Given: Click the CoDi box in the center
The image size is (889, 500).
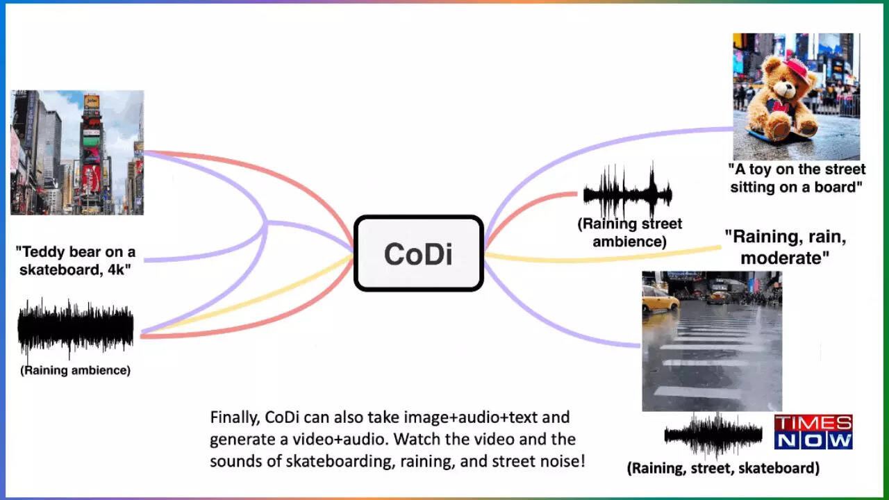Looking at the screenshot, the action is click(419, 253).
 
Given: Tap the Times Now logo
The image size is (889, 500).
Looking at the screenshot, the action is click(813, 432).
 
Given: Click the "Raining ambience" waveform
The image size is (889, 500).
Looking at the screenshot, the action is click(76, 328).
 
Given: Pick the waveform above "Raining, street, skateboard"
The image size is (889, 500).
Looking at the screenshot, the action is click(713, 435).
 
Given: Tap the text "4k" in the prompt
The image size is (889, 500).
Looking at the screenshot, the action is click(117, 270).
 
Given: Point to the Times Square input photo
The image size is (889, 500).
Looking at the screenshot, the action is click(77, 153).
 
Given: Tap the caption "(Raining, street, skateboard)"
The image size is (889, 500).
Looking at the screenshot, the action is click(723, 469).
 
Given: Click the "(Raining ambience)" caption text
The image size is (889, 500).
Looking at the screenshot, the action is click(76, 371).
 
